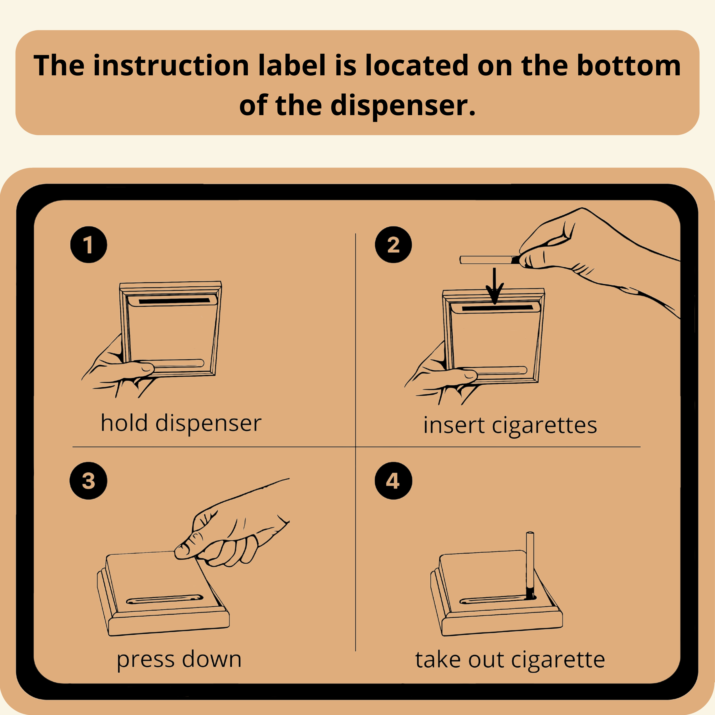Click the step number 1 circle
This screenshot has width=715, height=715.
pyautogui.click(x=88, y=245)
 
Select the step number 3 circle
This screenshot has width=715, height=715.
pyautogui.click(x=88, y=481)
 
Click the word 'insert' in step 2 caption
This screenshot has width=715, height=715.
pyautogui.click(x=454, y=425)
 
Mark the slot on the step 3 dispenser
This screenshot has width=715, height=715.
pyautogui.click(x=165, y=599)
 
